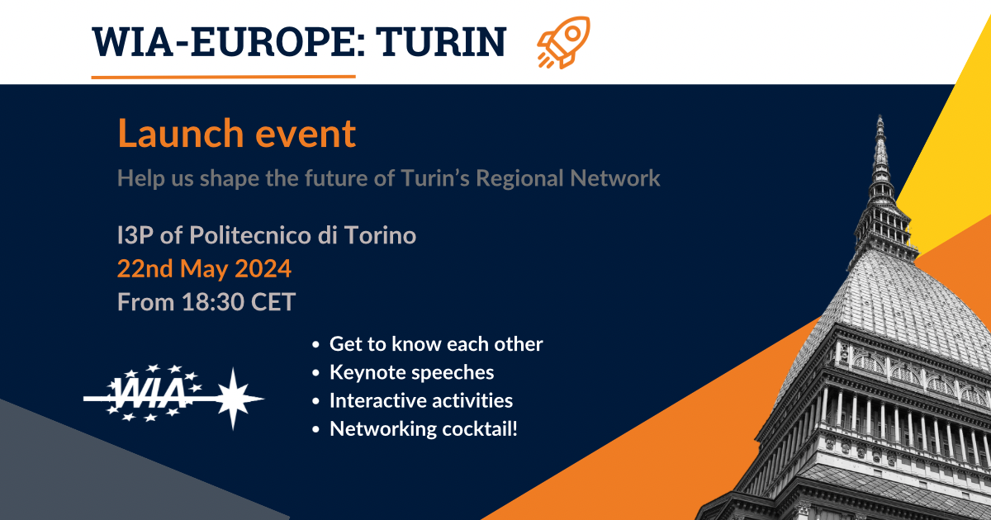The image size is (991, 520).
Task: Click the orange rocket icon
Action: point(563,42)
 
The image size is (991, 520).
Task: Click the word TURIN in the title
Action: point(441,42)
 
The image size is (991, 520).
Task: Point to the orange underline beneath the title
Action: point(224,77)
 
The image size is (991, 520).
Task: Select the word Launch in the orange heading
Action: point(181,133)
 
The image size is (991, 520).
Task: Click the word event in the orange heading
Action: point(306,134)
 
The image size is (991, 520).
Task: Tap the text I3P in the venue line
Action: point(135,235)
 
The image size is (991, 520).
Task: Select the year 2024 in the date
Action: point(263,268)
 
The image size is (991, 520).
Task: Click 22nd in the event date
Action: point(145,268)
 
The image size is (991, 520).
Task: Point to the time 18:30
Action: point(213,302)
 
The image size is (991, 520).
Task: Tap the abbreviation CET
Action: point(273,302)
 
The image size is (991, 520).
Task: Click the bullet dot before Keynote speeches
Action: point(315,373)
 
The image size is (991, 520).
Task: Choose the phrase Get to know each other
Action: point(436,344)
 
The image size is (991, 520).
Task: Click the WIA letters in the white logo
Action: point(148,393)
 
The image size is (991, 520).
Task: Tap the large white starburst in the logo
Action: point(234,399)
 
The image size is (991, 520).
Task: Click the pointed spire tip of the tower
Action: point(880,116)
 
